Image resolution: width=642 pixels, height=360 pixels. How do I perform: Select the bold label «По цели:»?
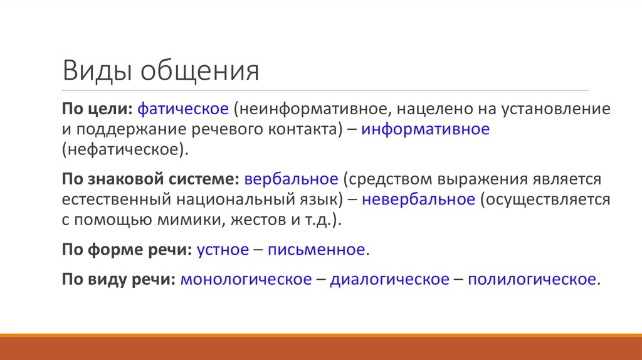(x=96, y=109)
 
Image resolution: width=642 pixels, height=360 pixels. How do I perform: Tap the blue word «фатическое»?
(x=182, y=109)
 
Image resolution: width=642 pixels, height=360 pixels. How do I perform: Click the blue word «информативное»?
(x=424, y=130)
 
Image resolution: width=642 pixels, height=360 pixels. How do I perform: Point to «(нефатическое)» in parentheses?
(x=124, y=151)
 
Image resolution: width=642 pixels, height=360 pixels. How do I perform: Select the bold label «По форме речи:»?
(x=127, y=250)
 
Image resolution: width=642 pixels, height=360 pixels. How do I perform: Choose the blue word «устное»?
(x=223, y=250)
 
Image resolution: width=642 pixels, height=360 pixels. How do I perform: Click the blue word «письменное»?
(x=316, y=250)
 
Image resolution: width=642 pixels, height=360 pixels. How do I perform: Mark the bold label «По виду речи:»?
(x=118, y=279)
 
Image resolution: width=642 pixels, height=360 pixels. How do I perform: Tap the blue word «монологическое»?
(x=246, y=279)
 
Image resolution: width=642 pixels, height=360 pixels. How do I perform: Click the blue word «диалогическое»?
(x=389, y=279)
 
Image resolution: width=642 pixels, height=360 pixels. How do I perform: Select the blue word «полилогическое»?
(x=532, y=279)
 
